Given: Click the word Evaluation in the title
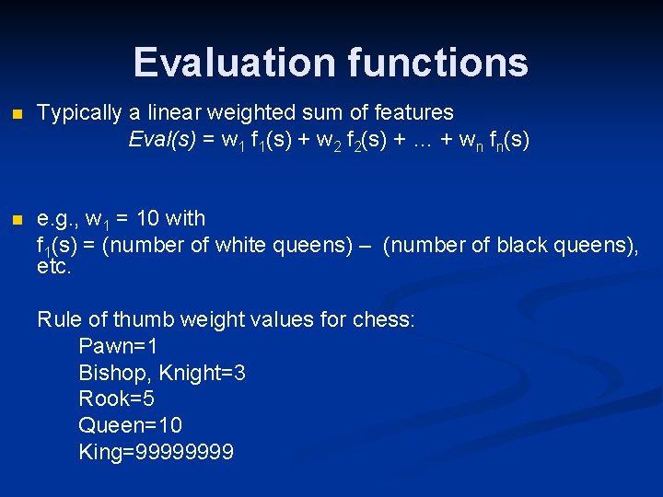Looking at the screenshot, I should click(236, 63).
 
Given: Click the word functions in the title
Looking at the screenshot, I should click(438, 63).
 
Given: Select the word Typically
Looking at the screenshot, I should click(80, 113).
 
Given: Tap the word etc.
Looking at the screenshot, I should click(53, 268).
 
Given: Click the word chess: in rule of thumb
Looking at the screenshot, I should click(384, 320).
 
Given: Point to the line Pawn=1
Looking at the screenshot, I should click(118, 347).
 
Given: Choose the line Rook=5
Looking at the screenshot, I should click(116, 399).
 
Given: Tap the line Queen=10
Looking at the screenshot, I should click(130, 426).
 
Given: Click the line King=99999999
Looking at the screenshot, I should click(157, 453).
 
